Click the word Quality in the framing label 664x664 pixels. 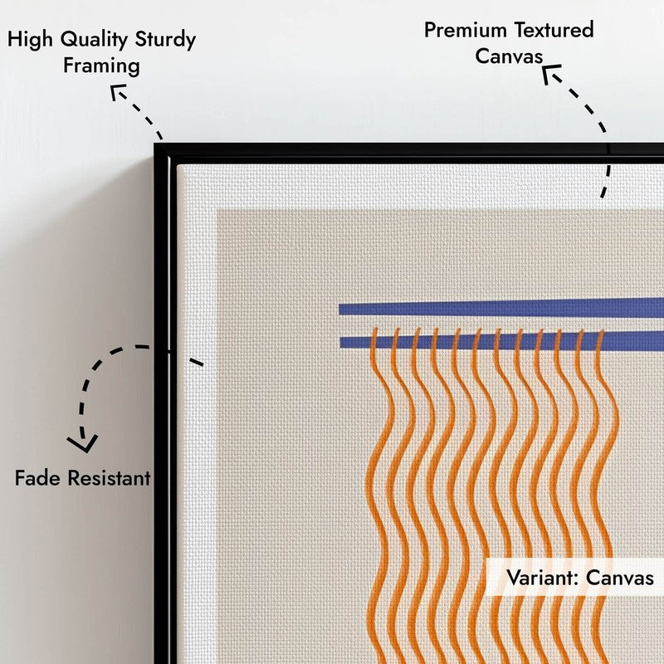[x=94, y=40]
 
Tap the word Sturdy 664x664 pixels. [x=165, y=40]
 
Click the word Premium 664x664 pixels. [x=466, y=31]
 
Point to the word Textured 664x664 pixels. [x=554, y=30]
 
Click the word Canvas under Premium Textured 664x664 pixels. [x=509, y=56]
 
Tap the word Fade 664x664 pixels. [x=37, y=478]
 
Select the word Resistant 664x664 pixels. [x=110, y=478]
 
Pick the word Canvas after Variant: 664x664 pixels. [x=620, y=578]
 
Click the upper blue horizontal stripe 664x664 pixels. [x=501, y=306]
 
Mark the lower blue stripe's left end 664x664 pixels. [x=340, y=343]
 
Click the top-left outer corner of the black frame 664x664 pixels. [x=154, y=144]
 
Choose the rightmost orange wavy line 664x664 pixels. [x=605, y=496]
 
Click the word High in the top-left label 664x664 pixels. [x=30, y=40]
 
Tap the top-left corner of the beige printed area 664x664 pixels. [x=217, y=210]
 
